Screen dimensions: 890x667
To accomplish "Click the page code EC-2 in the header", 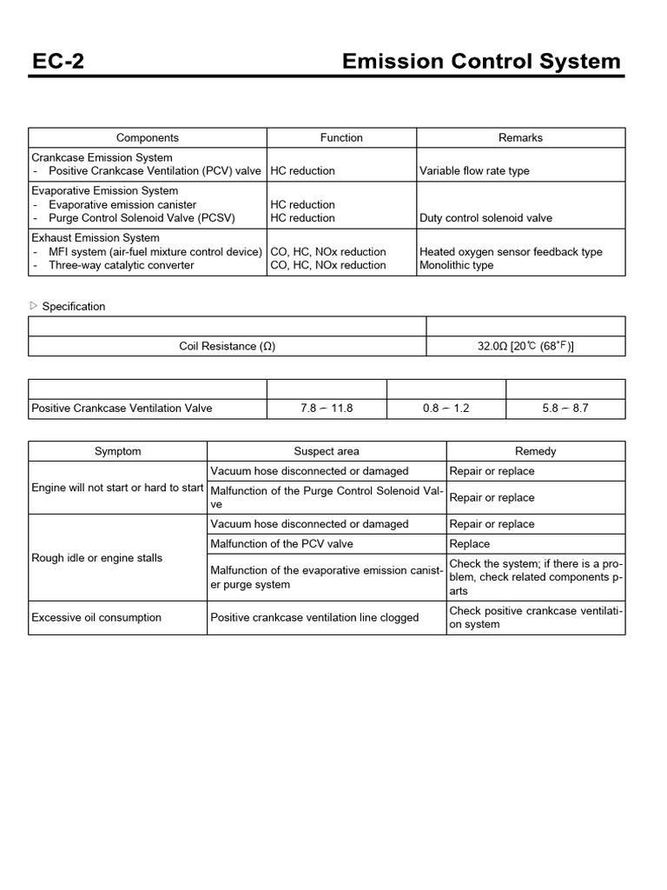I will (57, 61).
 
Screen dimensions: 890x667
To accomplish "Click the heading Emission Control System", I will (481, 61).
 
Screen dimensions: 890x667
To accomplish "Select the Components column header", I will (148, 137).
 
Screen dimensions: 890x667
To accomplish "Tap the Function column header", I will (341, 137).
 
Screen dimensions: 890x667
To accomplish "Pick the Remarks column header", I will (520, 137).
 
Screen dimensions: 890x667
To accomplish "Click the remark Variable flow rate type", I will (474, 171).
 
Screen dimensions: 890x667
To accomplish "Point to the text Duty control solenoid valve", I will (485, 218).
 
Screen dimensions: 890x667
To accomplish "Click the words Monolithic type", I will (457, 265).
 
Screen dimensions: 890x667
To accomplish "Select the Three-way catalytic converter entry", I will (138, 265).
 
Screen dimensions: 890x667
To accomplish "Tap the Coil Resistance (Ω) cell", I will (227, 346).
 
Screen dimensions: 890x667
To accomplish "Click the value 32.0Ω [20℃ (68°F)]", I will (525, 346).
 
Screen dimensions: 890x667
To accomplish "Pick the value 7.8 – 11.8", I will (327, 408).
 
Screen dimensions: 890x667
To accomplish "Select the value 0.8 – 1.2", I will (446, 408).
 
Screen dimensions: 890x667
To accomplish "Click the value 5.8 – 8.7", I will (565, 408).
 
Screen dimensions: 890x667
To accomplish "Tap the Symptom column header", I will (117, 451).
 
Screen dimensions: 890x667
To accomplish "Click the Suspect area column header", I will (327, 451).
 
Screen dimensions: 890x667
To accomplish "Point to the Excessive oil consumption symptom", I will (96, 618).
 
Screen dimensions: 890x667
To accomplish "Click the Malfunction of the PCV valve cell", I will (282, 544).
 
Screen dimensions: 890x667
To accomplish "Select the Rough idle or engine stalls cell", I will (96, 558).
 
